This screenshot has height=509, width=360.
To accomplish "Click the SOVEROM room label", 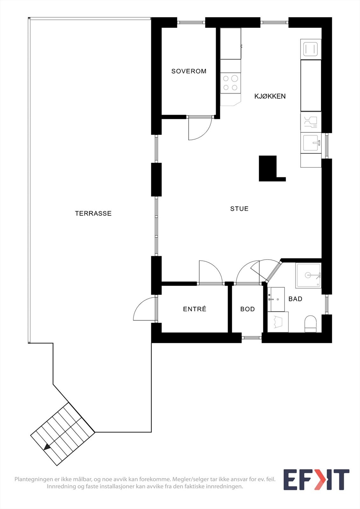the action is point(189,71).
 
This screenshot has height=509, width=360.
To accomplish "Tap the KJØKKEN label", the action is point(270,96).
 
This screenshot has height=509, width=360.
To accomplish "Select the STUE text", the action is point(239,209).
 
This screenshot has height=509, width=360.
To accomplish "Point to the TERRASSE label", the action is point(93,213).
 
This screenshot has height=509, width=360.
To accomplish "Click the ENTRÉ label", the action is point(195,309).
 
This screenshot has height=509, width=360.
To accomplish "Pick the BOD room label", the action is point(247,309).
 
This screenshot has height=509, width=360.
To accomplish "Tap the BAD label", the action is point(295,299).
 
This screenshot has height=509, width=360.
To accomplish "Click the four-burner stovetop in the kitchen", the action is point(230,83).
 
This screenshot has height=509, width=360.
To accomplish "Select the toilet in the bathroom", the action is point(310,323).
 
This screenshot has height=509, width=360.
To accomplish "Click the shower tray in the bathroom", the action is point(308,275).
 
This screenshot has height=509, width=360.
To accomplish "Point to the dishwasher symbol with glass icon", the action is point(311,122).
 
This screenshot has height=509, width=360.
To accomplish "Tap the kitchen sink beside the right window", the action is point(311,143).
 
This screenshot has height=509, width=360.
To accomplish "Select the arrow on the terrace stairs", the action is point(47,447).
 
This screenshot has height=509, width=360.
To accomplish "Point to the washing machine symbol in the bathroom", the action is point(278,322).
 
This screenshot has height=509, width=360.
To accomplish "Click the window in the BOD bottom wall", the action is point(251,338).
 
